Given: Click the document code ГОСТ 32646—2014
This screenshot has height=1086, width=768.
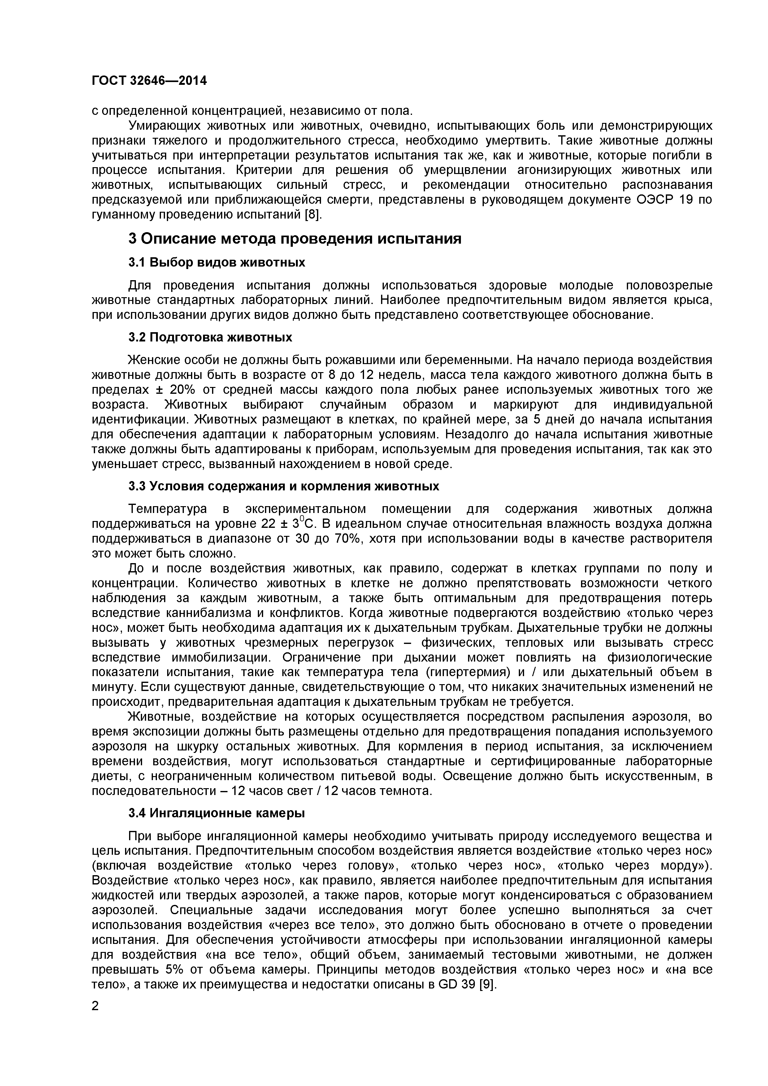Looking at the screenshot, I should [149, 81].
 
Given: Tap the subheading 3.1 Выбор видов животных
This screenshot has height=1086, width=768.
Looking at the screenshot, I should [217, 263].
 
